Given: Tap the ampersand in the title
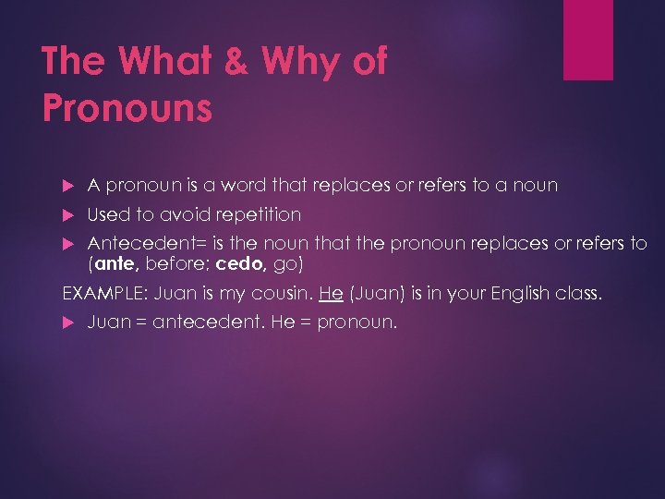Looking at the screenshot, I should click(237, 63).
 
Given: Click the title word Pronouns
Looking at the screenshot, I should click(127, 108).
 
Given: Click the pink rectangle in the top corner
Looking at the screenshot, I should click(588, 39).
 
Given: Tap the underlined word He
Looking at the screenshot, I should click(331, 295).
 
